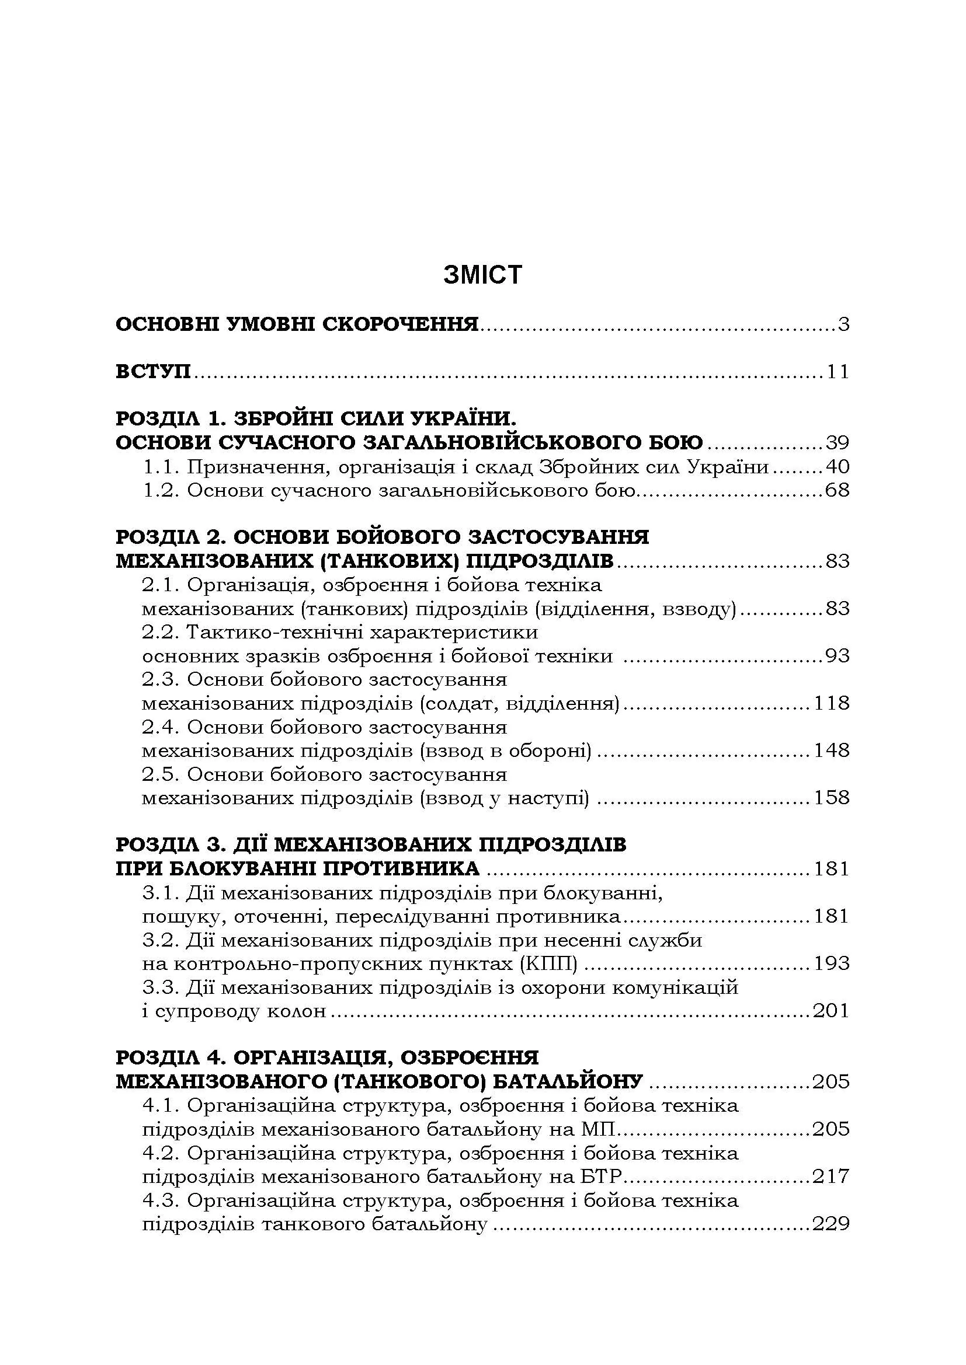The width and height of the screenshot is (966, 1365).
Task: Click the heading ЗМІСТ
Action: tap(482, 275)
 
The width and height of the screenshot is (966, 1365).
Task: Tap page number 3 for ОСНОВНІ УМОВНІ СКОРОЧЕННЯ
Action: tap(843, 325)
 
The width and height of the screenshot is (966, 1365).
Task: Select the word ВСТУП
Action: tap(153, 372)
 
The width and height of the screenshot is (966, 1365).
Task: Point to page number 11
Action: tap(838, 372)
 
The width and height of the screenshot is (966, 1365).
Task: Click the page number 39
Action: tap(838, 443)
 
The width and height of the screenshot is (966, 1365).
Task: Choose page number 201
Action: tap(831, 1011)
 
